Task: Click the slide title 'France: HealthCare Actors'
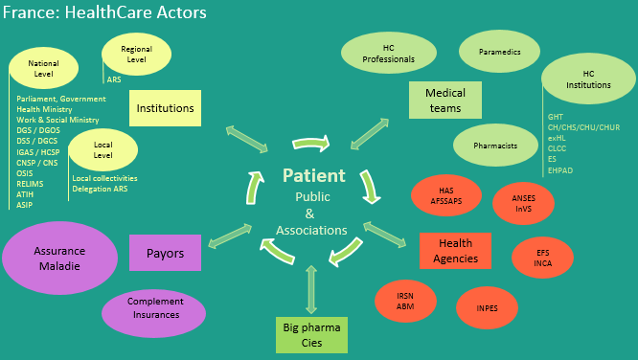(104, 13)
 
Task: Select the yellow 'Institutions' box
(164, 108)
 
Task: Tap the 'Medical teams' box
(444, 101)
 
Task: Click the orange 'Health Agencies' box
(455, 251)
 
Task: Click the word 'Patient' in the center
(314, 176)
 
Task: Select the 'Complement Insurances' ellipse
(154, 308)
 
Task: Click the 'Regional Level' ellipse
(136, 54)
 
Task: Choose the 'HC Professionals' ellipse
(388, 54)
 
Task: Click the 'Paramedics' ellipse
(499, 53)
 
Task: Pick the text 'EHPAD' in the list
(560, 169)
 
